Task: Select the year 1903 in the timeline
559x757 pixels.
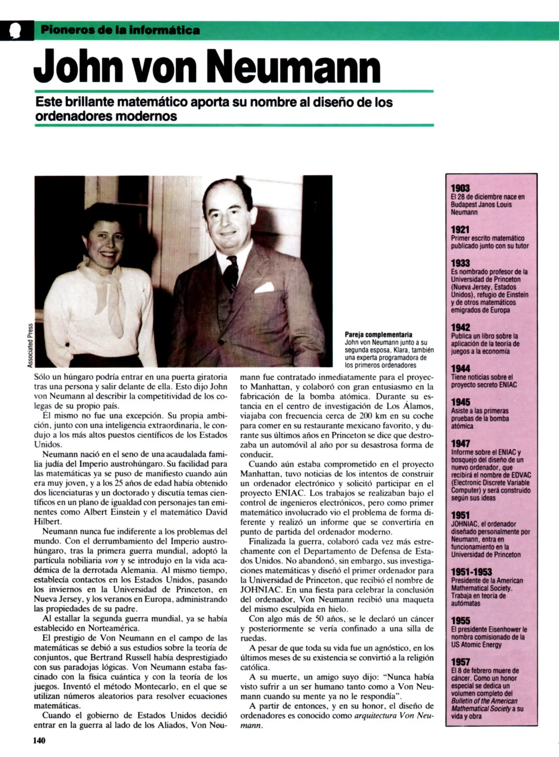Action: pos(460,188)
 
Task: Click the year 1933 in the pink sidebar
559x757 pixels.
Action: pos(460,263)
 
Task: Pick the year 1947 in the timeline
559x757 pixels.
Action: pos(460,444)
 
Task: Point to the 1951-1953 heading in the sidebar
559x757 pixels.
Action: pos(471,572)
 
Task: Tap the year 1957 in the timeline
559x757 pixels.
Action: pos(460,662)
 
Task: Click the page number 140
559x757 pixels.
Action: pos(39,741)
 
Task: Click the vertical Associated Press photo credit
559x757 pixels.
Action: pos(30,345)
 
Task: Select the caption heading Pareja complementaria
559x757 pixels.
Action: pos(378,335)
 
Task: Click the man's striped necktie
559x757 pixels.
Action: pos(231,273)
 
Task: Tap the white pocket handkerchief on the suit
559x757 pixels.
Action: pos(264,288)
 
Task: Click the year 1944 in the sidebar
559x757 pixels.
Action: pos(460,369)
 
